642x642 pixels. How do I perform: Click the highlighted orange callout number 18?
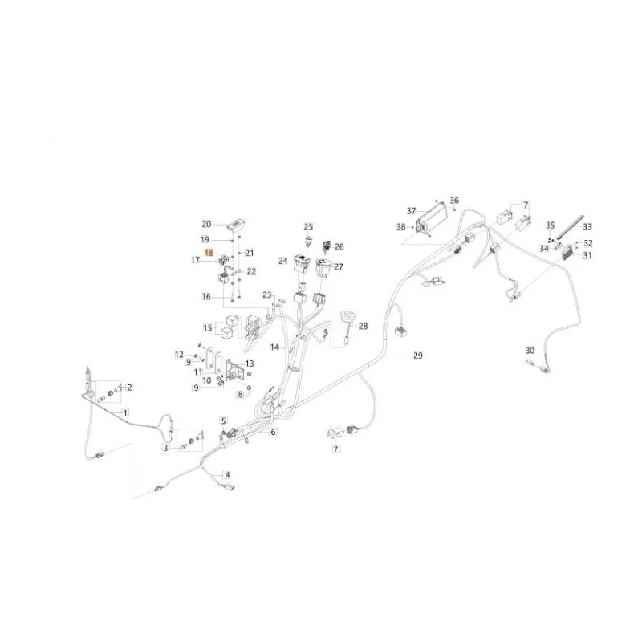point(209,253)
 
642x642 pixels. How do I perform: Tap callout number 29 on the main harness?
point(417,356)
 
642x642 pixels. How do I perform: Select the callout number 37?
point(411,211)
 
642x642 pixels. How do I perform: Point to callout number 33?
point(587,226)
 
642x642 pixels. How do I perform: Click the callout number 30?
point(530,351)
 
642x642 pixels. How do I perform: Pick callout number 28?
point(364,326)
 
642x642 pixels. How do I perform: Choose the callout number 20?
point(206,224)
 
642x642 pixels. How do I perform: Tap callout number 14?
point(274,347)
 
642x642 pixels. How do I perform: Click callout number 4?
point(227,474)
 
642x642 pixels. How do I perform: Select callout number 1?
point(125,413)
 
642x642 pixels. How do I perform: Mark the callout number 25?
point(308,227)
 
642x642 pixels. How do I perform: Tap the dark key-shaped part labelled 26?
point(327,246)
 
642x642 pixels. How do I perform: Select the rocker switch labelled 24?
point(302,263)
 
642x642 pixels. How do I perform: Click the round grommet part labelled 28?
point(347,318)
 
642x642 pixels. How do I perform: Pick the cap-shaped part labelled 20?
point(236,225)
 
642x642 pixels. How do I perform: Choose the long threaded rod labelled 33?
point(569,227)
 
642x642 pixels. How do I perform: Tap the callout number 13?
point(250,364)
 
